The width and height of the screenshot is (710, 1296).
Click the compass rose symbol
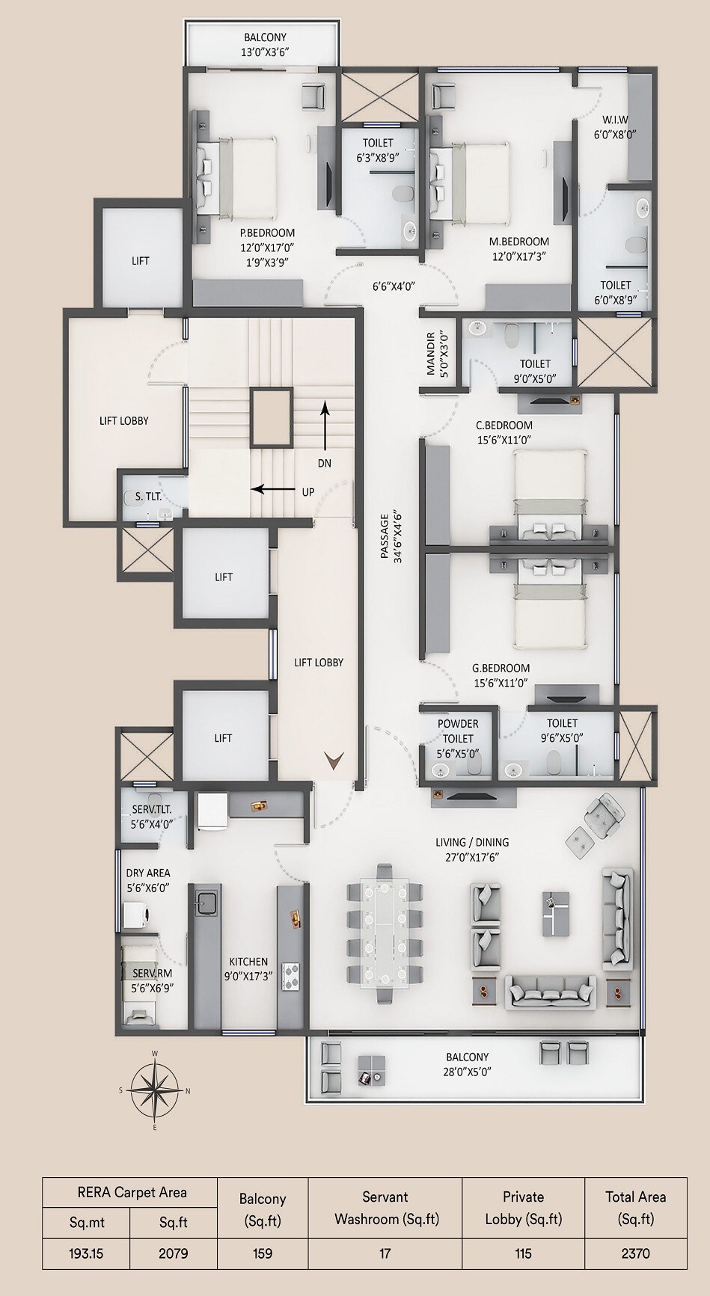(x=155, y=1090)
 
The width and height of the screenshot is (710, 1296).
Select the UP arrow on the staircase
(x=272, y=490)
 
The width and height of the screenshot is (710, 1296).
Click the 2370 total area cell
(x=635, y=1253)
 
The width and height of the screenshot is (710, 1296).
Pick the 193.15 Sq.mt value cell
(x=86, y=1253)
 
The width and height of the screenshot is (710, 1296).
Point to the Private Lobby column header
(x=523, y=1207)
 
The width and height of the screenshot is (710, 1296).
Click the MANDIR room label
(x=431, y=353)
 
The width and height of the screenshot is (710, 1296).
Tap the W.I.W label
(x=615, y=120)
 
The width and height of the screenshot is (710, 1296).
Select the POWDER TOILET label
(x=458, y=731)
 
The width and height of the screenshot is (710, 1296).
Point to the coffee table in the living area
(x=555, y=914)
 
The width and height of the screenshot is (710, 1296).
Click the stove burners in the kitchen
(x=290, y=976)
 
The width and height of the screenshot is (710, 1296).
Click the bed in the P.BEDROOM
(x=237, y=177)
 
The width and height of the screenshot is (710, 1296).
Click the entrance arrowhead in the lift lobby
(x=334, y=761)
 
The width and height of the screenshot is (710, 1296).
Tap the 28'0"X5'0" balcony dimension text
(x=468, y=1071)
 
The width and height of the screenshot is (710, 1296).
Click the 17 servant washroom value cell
(x=385, y=1253)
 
